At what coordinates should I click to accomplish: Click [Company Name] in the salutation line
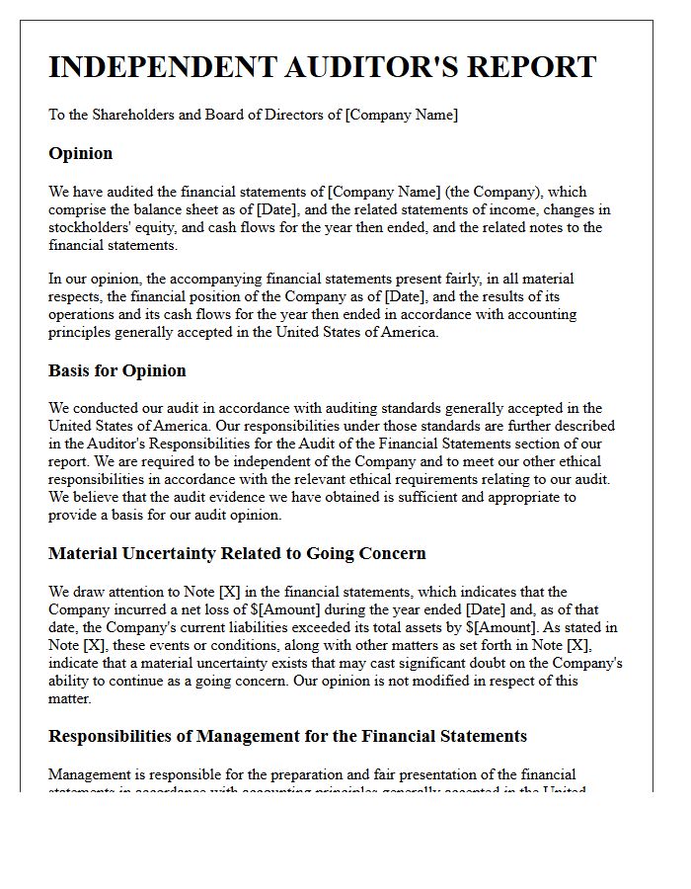(x=401, y=115)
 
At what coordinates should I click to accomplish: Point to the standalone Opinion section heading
(x=80, y=153)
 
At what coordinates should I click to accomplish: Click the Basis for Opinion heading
(x=116, y=370)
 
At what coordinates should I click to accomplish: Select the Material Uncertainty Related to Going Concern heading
(x=237, y=553)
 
